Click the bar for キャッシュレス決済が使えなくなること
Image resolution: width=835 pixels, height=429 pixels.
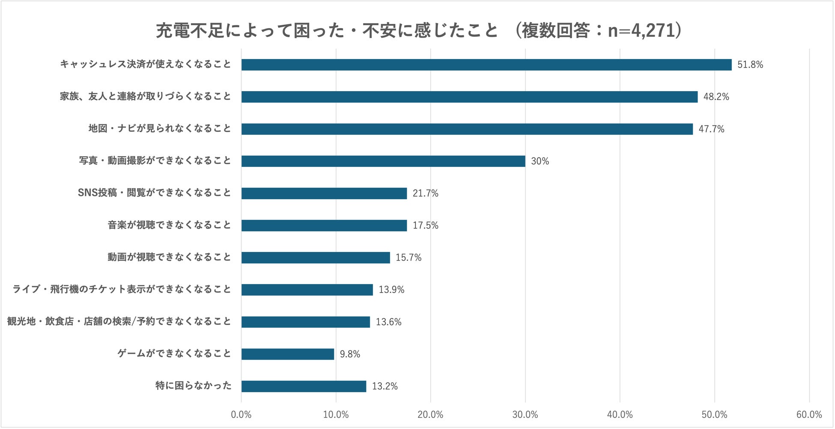[x=486, y=65]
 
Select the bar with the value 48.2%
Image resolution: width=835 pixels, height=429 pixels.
[x=469, y=97]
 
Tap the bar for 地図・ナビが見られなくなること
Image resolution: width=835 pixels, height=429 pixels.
[x=467, y=129]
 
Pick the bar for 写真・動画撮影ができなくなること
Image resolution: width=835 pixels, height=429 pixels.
[x=383, y=161]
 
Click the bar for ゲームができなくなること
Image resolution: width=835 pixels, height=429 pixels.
[x=288, y=354]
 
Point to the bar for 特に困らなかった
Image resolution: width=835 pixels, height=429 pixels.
[x=304, y=386]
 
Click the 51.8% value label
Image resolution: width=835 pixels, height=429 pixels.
[x=750, y=65]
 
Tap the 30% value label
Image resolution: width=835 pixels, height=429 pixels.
[x=540, y=161]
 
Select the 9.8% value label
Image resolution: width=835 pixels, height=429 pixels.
[x=350, y=354]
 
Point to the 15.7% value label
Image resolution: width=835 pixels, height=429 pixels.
[x=409, y=257]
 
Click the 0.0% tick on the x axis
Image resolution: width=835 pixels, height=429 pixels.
[x=241, y=414]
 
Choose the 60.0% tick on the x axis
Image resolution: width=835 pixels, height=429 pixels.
[x=809, y=414]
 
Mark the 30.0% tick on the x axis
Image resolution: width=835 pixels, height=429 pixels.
[x=525, y=414]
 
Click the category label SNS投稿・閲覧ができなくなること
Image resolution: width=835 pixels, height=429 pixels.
[x=154, y=193]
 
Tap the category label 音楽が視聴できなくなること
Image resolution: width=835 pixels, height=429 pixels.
[x=169, y=225]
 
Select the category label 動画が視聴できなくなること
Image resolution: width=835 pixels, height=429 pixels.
[x=169, y=257]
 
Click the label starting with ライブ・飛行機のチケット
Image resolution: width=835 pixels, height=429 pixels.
[x=122, y=289]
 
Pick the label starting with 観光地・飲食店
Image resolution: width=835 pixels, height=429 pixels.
[x=119, y=321]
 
